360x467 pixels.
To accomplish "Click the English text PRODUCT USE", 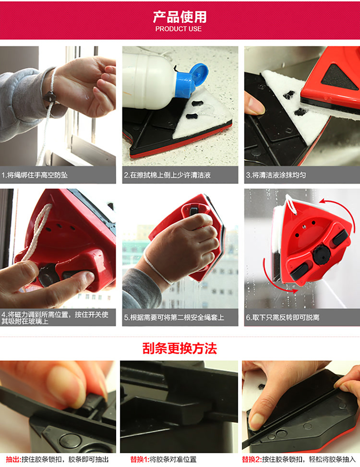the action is [x=179, y=29].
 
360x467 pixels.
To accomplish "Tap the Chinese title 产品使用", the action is [x=180, y=17].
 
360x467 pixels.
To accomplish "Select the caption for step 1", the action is [x=35, y=175].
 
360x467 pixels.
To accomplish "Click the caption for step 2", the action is [x=168, y=175].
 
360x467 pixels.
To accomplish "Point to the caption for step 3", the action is [x=276, y=175].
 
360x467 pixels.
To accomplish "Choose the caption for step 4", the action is [x=55, y=317].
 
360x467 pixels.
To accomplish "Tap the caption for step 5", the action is [x=174, y=317].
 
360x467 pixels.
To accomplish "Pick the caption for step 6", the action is [x=283, y=317].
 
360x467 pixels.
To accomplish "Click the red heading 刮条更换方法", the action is [x=180, y=348].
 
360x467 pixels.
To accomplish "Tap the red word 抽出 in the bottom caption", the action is [x=13, y=459].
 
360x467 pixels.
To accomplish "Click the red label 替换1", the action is [x=140, y=459].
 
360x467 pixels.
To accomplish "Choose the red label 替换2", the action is [x=252, y=459].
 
